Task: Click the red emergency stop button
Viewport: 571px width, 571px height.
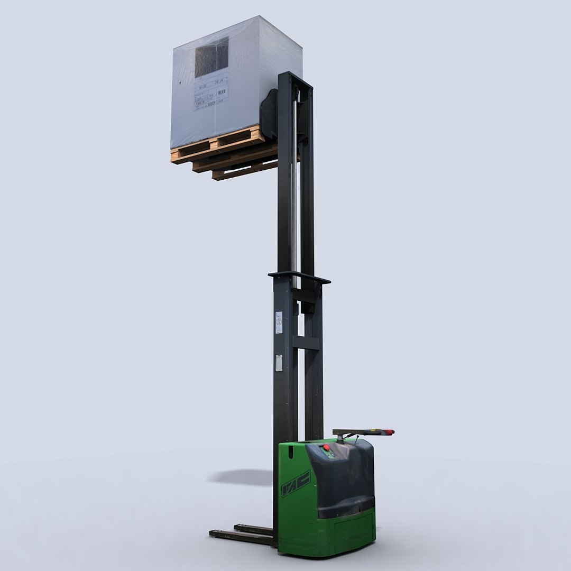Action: point(326,448)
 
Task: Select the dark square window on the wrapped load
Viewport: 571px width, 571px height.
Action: point(211,57)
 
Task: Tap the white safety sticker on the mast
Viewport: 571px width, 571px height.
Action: point(279,323)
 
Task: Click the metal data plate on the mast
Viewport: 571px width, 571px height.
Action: point(279,363)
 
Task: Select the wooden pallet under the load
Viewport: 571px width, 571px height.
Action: point(222,153)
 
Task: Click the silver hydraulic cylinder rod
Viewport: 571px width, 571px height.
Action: point(294,185)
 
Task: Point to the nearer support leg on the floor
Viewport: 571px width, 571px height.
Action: point(241,537)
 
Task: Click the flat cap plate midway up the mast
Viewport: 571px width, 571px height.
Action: point(299,277)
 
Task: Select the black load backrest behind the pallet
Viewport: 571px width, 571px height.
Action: point(269,114)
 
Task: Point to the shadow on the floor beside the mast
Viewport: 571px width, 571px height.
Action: point(241,477)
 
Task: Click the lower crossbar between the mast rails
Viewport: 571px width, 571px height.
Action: point(306,343)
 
